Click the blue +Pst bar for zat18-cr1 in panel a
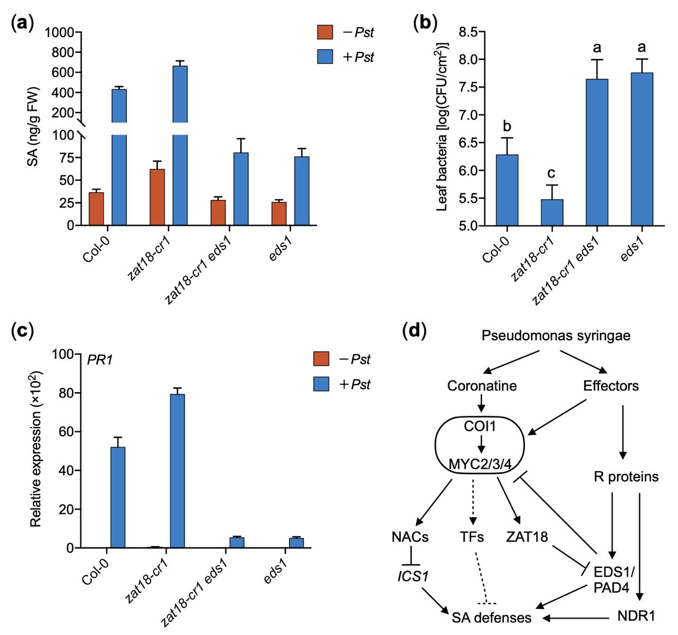180,145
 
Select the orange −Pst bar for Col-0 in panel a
96,209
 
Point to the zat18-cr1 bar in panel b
552,212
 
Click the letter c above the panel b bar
551,173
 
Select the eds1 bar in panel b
642,149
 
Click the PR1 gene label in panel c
100,360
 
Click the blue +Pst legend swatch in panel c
321,384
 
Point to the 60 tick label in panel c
66,432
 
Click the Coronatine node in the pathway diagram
482,386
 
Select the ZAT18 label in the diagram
527,537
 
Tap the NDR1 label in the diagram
637,616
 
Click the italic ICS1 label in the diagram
413,576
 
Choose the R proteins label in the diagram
626,476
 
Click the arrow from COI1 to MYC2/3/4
481,445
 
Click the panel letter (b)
425,23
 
